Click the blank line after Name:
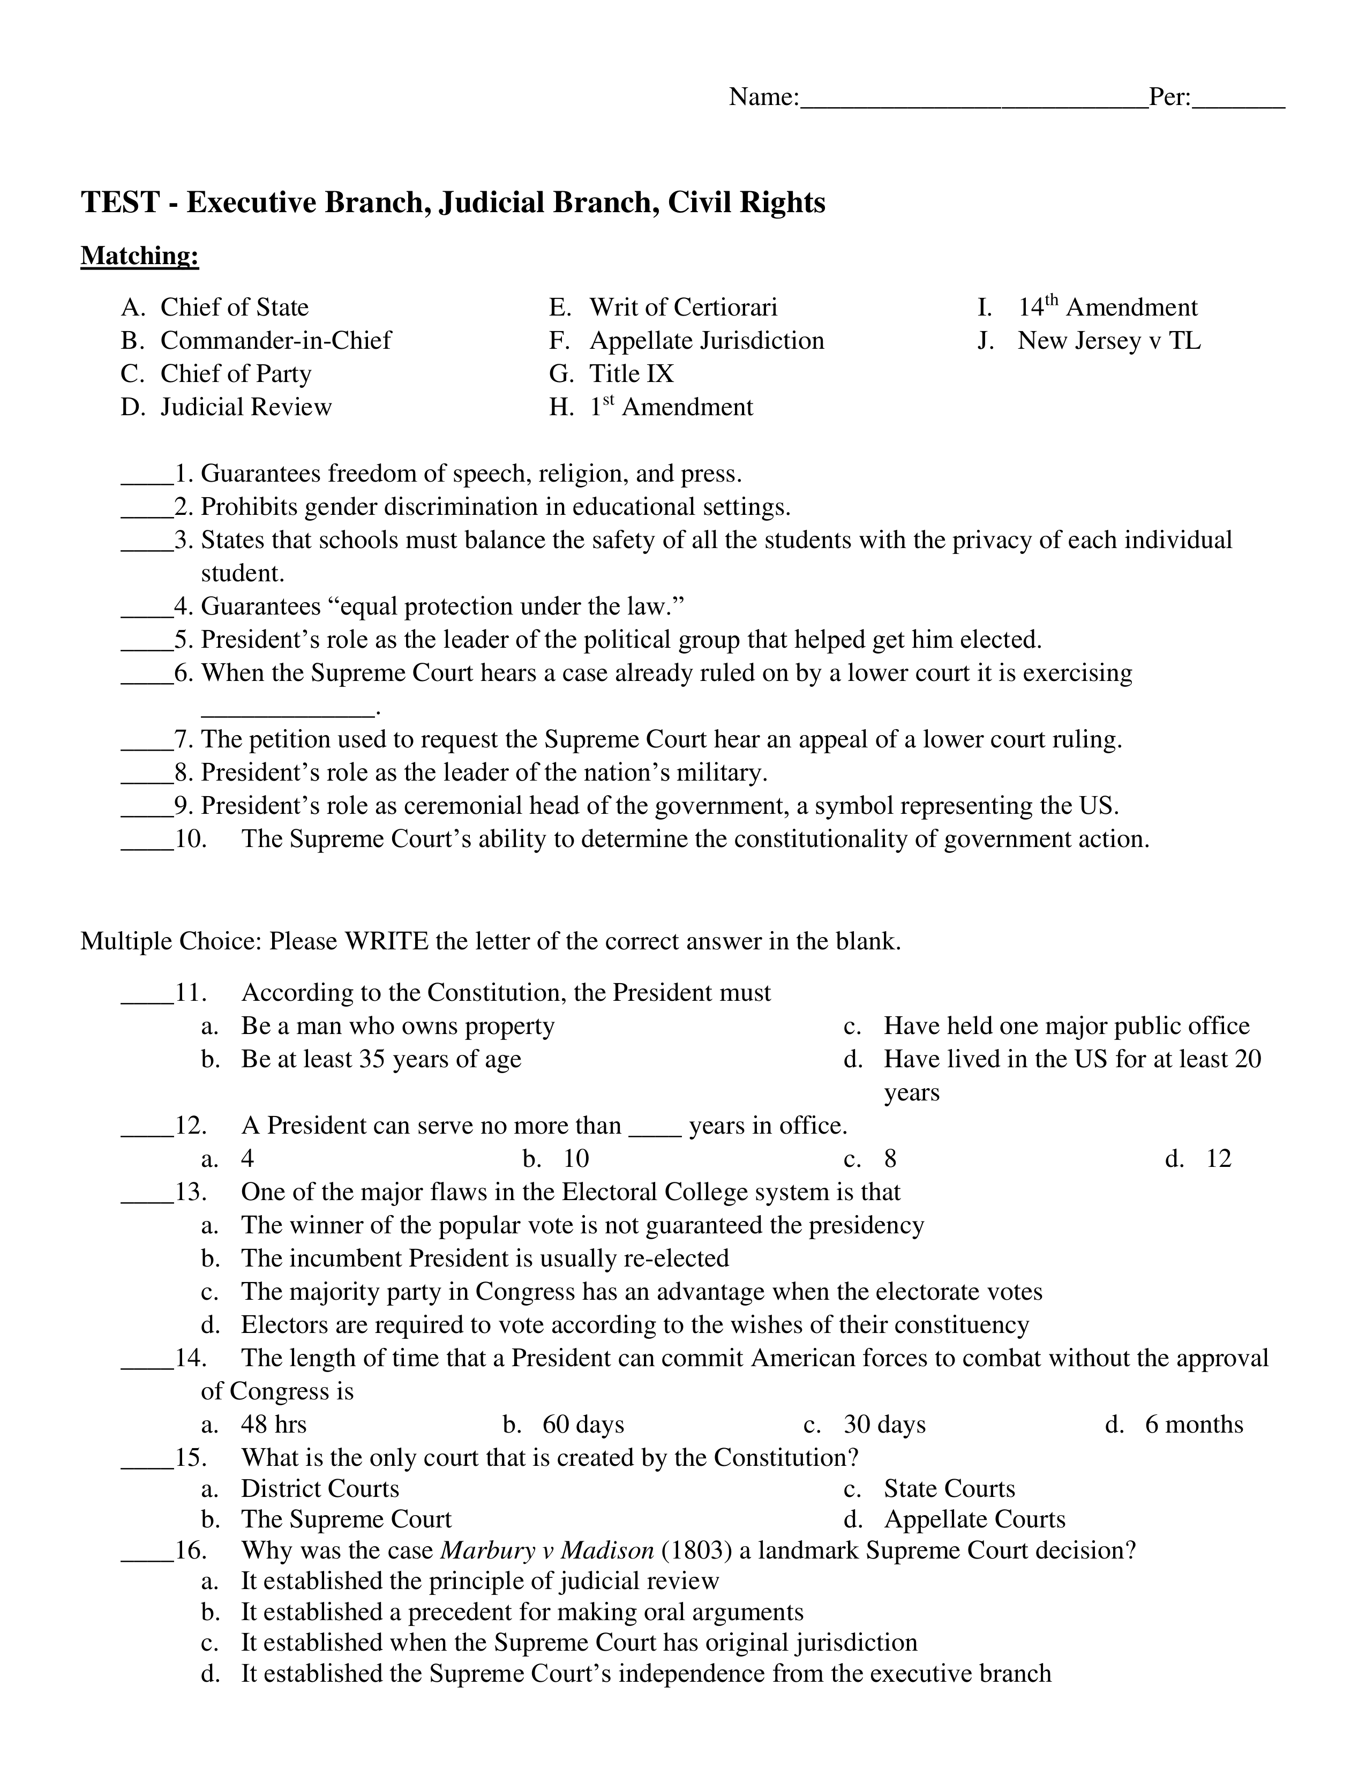pyautogui.click(x=973, y=103)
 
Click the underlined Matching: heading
pyautogui.click(x=139, y=256)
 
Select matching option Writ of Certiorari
pyautogui.click(x=683, y=308)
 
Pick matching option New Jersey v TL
pyautogui.click(x=1109, y=341)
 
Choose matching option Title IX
pyautogui.click(x=631, y=374)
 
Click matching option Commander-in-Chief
pyautogui.click(x=275, y=341)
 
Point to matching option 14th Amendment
pyautogui.click(x=1107, y=308)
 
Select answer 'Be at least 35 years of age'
pyautogui.click(x=380, y=1060)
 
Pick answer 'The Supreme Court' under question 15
pyautogui.click(x=346, y=1519)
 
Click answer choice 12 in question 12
pyautogui.click(x=1218, y=1159)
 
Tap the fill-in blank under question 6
pyautogui.click(x=287, y=713)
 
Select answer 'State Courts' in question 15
pyautogui.click(x=948, y=1489)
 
